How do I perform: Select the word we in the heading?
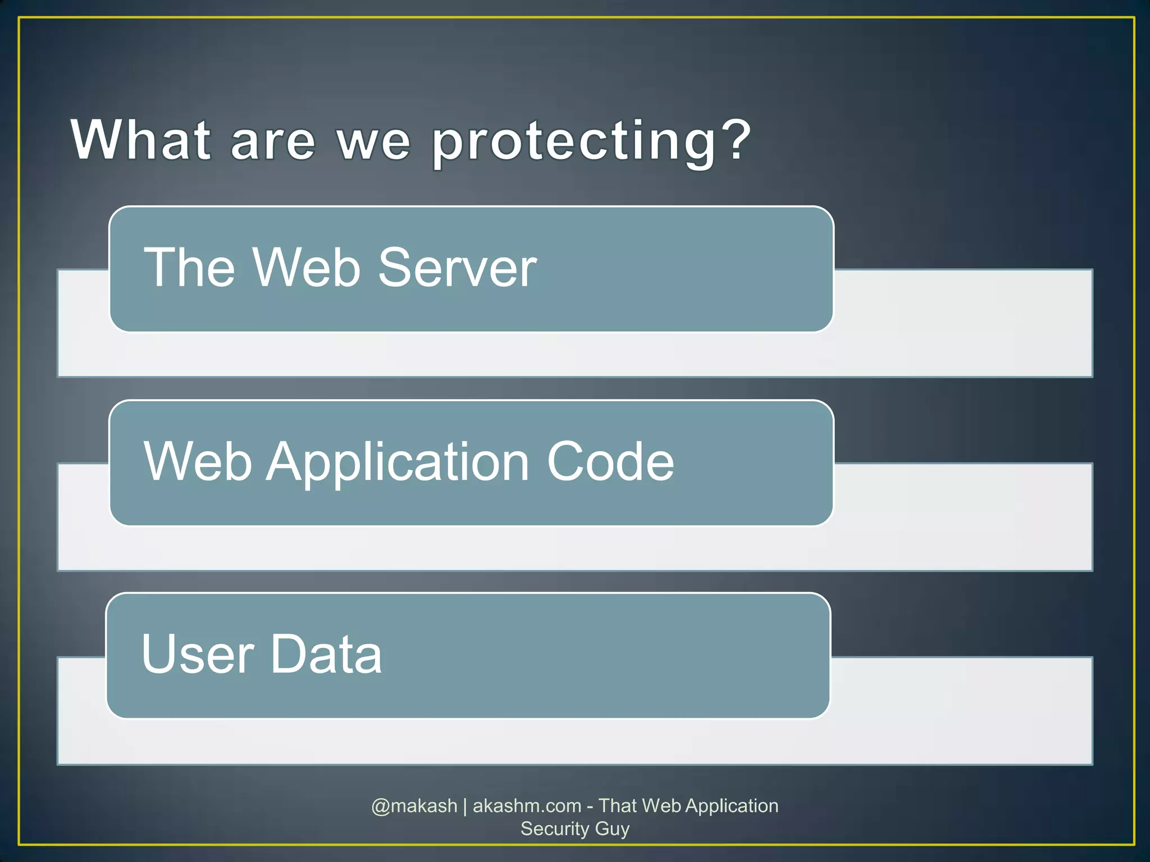pyautogui.click(x=373, y=143)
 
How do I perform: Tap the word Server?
pyautogui.click(x=457, y=268)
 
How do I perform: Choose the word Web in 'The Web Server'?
pyautogui.click(x=306, y=268)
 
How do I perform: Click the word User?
pyautogui.click(x=198, y=654)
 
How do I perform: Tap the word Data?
pyautogui.click(x=326, y=654)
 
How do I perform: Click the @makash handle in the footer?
pyautogui.click(x=414, y=806)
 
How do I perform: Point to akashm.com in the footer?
pyautogui.click(x=527, y=806)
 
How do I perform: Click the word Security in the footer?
pyautogui.click(x=554, y=829)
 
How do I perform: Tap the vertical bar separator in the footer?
pyautogui.click(x=465, y=806)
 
